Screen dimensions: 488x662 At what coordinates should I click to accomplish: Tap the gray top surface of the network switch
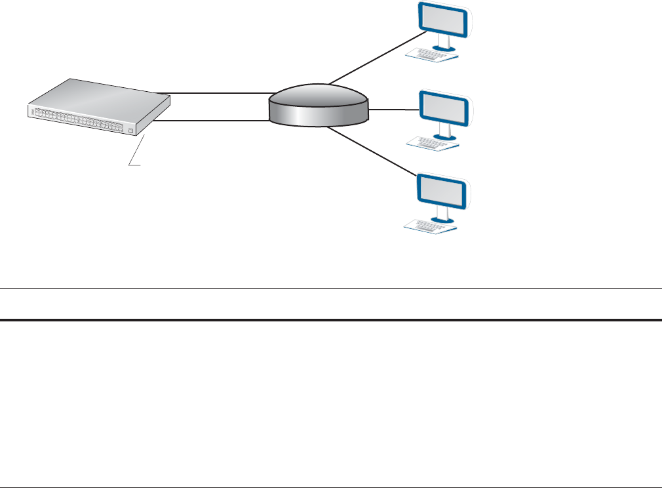[98, 95]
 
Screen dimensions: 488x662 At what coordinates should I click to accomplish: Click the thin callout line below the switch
[135, 155]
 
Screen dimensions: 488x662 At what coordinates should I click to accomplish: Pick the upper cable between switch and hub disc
[216, 93]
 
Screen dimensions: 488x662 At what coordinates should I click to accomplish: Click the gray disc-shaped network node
[319, 105]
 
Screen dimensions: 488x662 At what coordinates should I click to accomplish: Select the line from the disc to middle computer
[393, 110]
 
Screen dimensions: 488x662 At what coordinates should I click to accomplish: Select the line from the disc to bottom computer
[374, 152]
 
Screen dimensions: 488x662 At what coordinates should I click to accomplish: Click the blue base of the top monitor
[448, 47]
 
